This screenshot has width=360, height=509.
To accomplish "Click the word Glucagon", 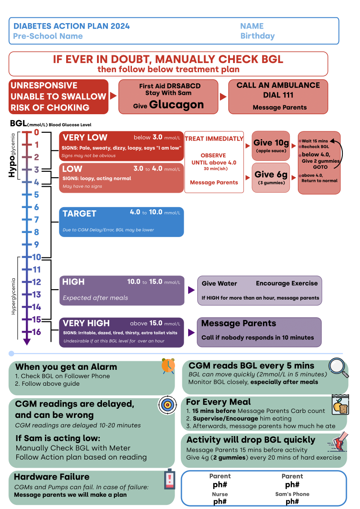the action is tap(176, 105).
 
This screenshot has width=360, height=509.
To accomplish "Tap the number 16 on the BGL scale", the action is tap(36, 332).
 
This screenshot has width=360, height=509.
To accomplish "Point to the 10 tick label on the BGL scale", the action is tap(36, 257).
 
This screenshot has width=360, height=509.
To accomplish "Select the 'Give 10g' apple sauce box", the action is tap(271, 146).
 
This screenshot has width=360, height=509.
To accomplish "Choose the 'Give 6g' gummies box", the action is tap(271, 178).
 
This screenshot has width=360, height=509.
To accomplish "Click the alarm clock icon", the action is tap(168, 366).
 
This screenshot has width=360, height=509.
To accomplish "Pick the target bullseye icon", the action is tap(167, 405).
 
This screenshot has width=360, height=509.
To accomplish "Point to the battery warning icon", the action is tap(170, 479).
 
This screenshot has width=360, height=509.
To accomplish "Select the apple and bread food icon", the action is tap(340, 405).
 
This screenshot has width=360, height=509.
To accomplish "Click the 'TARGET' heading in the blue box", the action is tap(79, 213).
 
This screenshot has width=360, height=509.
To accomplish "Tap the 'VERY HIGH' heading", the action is tap(86, 323).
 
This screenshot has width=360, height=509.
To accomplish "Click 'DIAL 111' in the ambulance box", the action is tap(278, 95).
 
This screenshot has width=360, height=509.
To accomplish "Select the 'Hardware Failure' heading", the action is tap(52, 477).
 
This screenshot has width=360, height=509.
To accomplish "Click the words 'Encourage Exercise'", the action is tap(287, 283).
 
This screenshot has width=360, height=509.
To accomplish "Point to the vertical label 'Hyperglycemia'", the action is tap(13, 296).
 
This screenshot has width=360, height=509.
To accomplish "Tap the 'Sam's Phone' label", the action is tap(292, 494).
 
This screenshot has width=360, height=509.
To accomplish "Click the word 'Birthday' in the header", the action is tap(258, 36).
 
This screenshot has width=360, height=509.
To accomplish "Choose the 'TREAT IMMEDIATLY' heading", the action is tap(214, 139).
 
